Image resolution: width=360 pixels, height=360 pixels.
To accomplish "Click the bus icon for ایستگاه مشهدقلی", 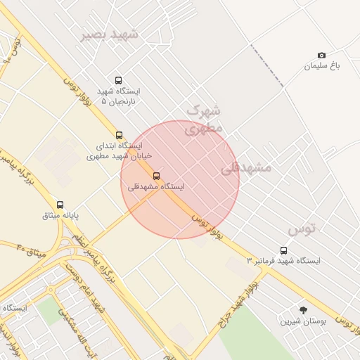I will [156, 176].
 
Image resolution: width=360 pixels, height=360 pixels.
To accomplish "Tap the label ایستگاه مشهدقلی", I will [156, 187].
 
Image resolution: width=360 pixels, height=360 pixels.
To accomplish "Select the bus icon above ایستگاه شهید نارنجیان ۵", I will [117, 80].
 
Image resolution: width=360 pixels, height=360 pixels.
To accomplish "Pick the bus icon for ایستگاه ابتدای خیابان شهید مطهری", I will [118, 135].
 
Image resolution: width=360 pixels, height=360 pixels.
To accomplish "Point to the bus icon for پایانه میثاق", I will [60, 205].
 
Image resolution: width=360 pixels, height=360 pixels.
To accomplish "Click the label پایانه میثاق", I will [59, 215].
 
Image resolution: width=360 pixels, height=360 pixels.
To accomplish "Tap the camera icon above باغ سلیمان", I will [321, 55].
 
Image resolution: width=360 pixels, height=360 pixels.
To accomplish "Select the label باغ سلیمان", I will [321, 66].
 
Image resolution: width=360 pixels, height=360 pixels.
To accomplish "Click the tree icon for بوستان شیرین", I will [303, 310].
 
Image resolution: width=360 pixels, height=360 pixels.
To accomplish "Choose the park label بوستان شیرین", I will [303, 321].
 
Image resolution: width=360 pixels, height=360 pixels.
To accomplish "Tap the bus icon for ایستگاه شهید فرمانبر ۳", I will [283, 250].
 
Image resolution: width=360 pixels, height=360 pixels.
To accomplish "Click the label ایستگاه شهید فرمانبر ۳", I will [283, 261].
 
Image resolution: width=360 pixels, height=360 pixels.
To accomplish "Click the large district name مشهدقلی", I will [246, 168].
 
